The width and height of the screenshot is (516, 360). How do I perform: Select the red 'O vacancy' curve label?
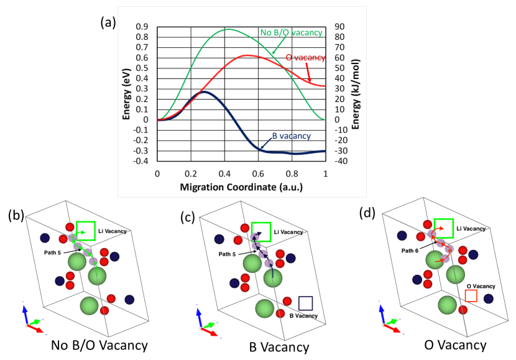(305, 58)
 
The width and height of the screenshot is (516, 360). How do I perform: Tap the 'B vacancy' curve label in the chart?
(290, 136)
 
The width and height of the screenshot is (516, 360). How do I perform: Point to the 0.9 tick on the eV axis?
(142, 27)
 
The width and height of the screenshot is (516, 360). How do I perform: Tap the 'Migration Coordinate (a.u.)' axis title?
(241, 186)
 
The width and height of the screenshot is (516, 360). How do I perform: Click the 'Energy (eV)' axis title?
(126, 93)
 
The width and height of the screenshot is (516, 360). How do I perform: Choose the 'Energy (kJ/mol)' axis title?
(356, 93)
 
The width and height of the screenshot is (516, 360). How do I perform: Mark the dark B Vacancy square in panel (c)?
(305, 303)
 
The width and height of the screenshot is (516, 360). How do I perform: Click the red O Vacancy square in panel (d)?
(471, 296)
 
